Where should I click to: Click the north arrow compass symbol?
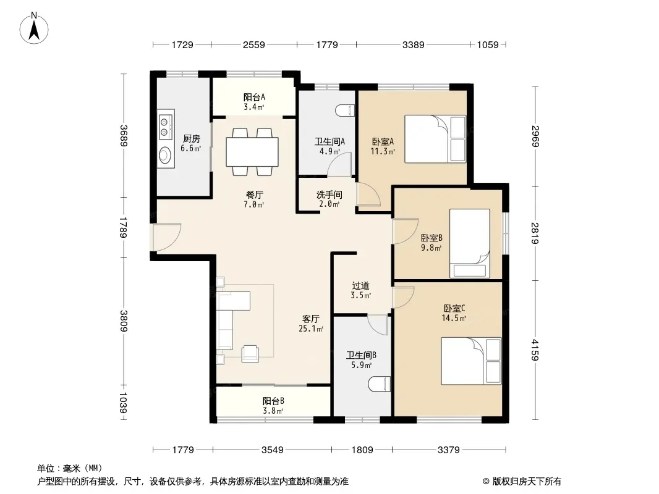coord(34,28)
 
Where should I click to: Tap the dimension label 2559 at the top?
coord(254,44)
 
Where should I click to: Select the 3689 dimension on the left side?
coord(123,135)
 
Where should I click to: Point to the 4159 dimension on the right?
coord(535,350)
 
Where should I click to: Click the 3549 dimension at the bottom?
coord(273,450)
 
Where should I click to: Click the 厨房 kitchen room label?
coord(191,138)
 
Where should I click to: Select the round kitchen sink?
coord(164,154)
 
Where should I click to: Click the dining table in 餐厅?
coord(252,152)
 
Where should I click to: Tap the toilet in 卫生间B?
coord(380,384)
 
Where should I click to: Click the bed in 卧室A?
coord(435,139)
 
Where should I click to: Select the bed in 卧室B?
coord(470,243)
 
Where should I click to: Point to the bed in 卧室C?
coord(471,361)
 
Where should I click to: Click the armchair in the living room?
coord(250,353)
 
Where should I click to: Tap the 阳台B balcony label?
coord(273,401)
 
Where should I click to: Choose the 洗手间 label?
coord(329,195)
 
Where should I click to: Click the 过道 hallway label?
coord(360,286)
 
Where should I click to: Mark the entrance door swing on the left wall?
coord(166,237)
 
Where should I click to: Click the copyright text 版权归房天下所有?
coord(527,482)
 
